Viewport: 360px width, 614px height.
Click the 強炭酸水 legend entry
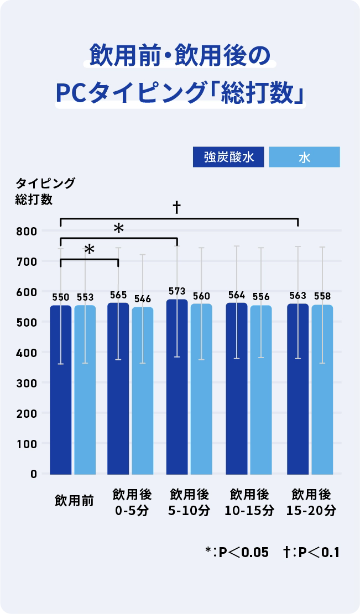tap(229, 157)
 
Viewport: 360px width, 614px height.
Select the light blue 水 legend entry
tap(304, 157)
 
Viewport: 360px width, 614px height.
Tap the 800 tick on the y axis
tap(26, 231)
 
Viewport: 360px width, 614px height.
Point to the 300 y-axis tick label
tap(26, 383)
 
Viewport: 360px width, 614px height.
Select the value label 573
tap(177, 291)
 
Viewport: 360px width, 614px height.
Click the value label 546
tap(143, 299)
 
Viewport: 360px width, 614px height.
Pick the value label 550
tap(61, 297)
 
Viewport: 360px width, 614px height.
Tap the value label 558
tap(322, 296)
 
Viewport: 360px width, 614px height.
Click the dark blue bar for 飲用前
tap(61, 390)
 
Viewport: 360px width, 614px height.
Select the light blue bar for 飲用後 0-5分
tap(143, 390)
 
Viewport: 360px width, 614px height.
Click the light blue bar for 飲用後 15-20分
tap(322, 390)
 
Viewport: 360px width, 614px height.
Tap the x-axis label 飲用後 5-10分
tap(189, 502)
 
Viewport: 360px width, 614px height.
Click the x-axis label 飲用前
tap(74, 501)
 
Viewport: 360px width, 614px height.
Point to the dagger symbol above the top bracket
tap(177, 207)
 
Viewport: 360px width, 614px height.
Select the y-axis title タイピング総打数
tap(38, 191)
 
